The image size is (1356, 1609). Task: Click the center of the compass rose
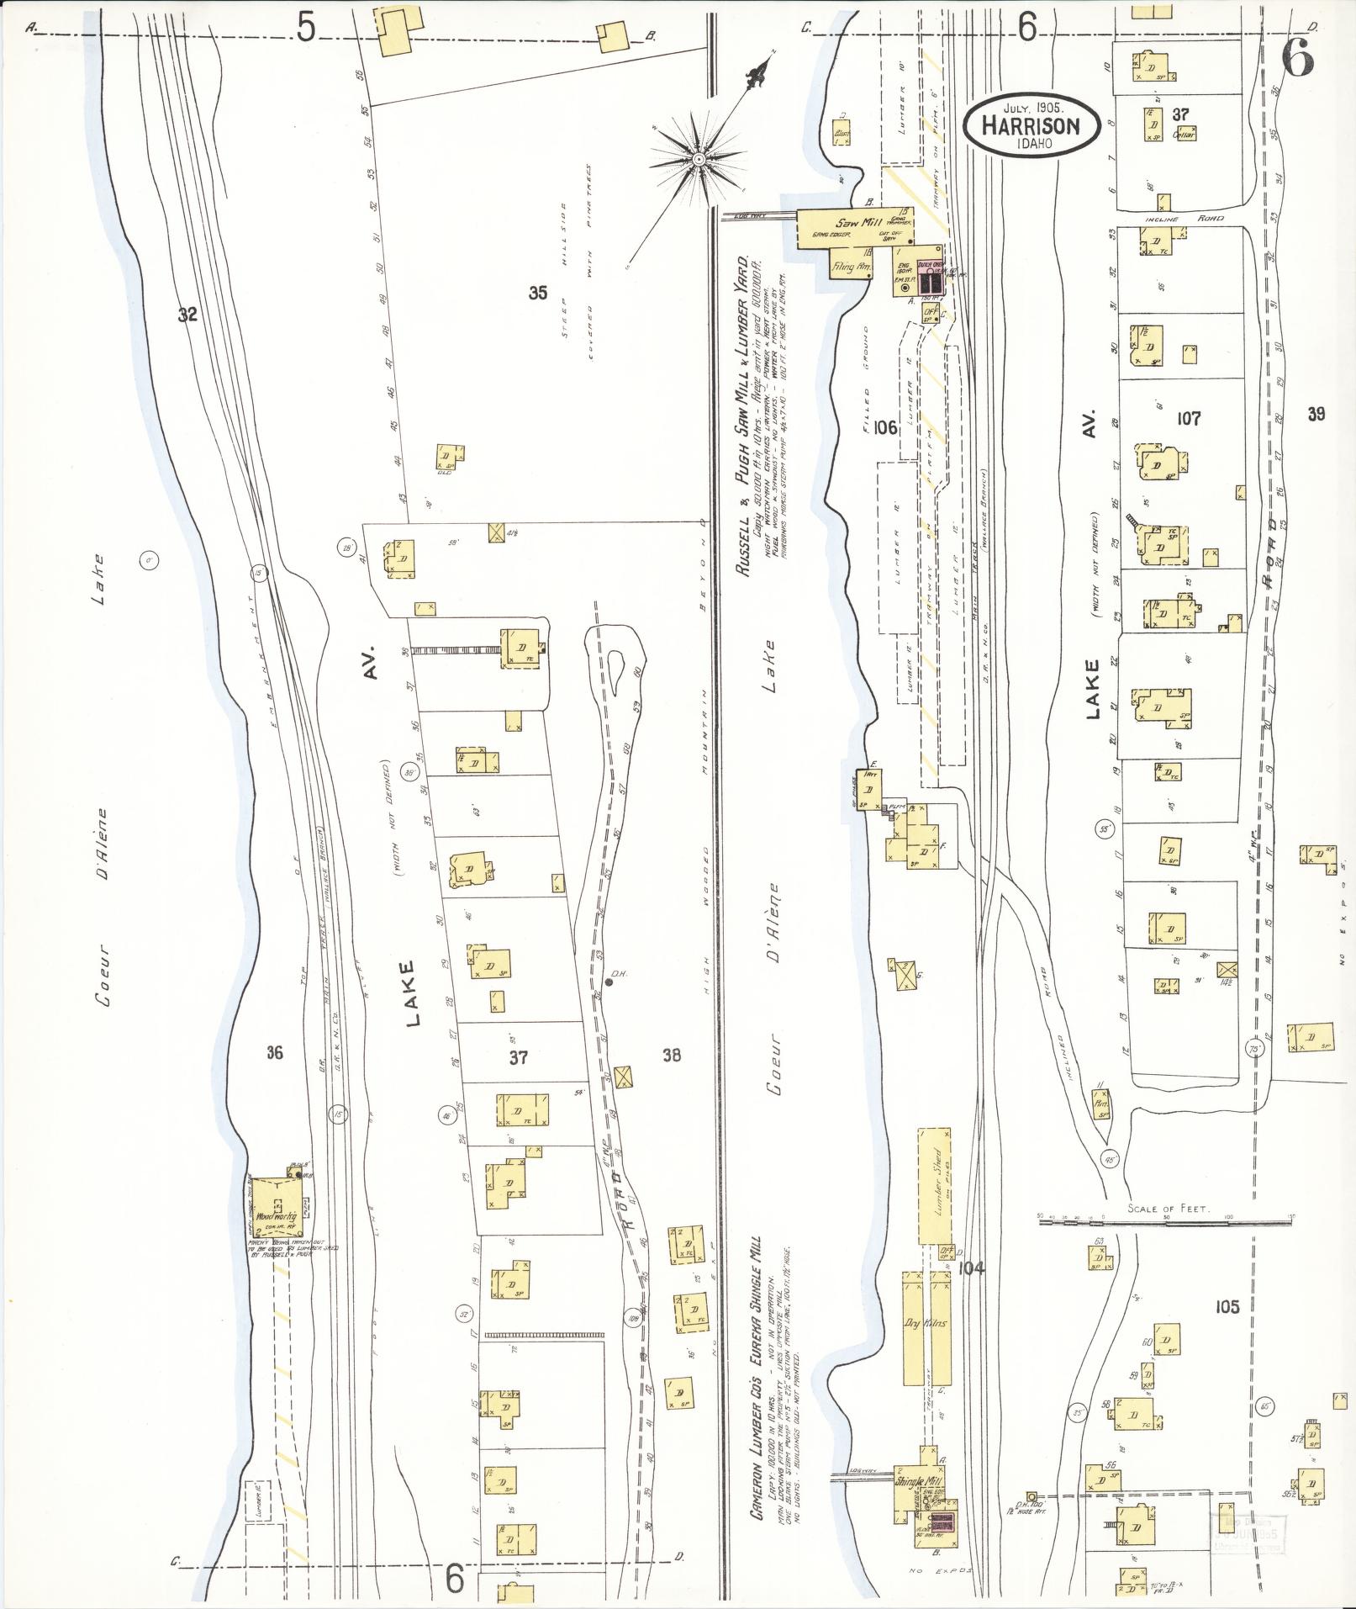tap(698, 158)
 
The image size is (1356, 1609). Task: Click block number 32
tap(187, 315)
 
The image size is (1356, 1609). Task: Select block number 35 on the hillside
tap(538, 292)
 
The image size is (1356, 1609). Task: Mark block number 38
tap(671, 1055)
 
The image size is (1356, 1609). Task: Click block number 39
tap(1316, 413)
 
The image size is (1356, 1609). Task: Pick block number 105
tap(1227, 1306)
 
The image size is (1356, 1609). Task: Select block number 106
tap(885, 428)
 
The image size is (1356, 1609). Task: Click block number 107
tap(1189, 417)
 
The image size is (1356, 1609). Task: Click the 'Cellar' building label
tap(1185, 134)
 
